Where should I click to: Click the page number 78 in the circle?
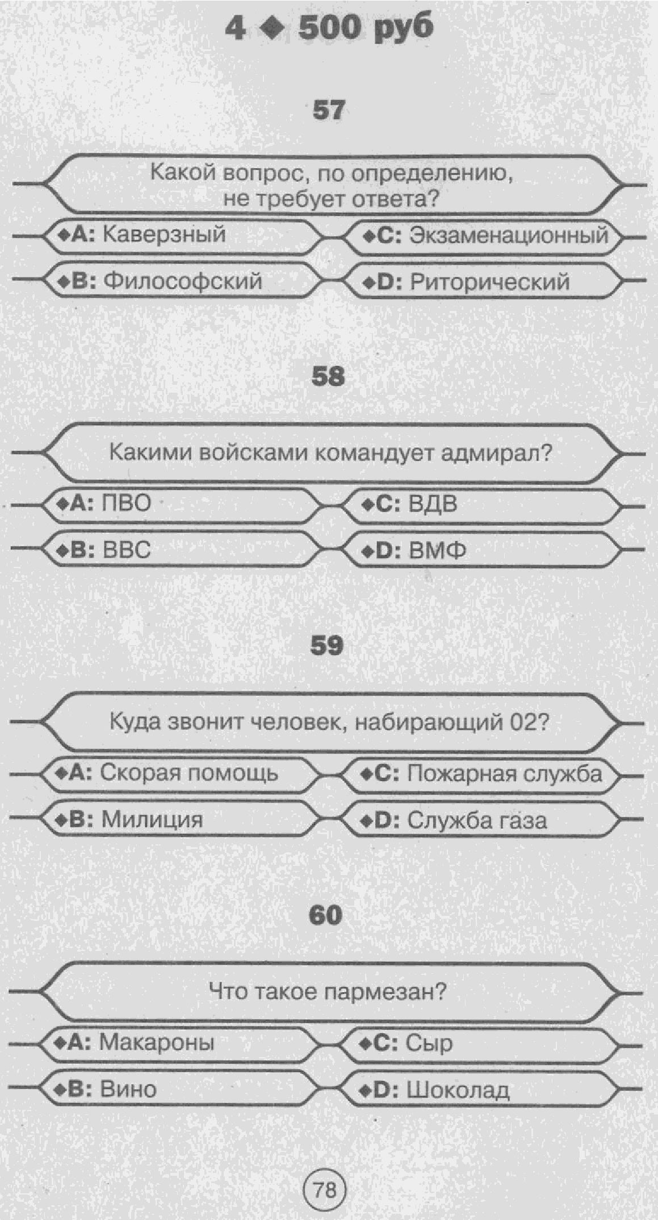tap(325, 1188)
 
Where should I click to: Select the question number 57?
tap(328, 110)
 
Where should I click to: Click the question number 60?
tap(326, 915)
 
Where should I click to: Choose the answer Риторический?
tap(489, 282)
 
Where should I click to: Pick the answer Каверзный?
tap(164, 234)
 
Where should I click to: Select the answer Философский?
tap(183, 281)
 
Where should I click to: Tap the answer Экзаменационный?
tap(509, 235)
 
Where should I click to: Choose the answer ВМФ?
tap(437, 550)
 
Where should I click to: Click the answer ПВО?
tap(126, 503)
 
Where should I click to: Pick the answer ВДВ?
tap(433, 504)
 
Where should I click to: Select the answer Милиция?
tap(152, 819)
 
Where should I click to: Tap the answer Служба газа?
tap(477, 821)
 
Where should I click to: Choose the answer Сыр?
tap(429, 1043)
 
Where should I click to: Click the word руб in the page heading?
tap(403, 27)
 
